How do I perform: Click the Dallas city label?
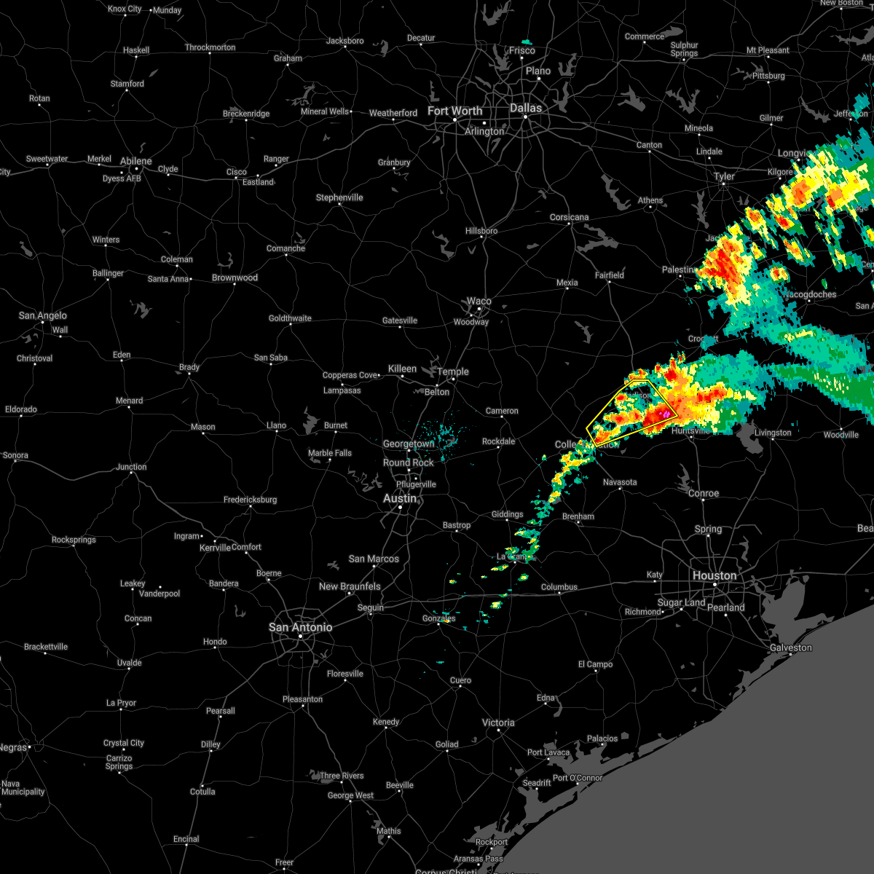525,108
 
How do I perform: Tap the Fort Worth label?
454,111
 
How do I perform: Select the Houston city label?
714,575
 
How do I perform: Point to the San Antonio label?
300,627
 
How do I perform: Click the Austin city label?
400,499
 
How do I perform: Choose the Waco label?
479,301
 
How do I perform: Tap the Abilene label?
136,161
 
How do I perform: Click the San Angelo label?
42,315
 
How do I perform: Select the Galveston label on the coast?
790,647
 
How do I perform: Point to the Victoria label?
498,723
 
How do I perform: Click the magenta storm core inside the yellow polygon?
665,414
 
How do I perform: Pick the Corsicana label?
569,217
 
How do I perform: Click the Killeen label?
402,369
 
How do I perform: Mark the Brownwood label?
235,277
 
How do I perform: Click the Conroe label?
704,493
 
